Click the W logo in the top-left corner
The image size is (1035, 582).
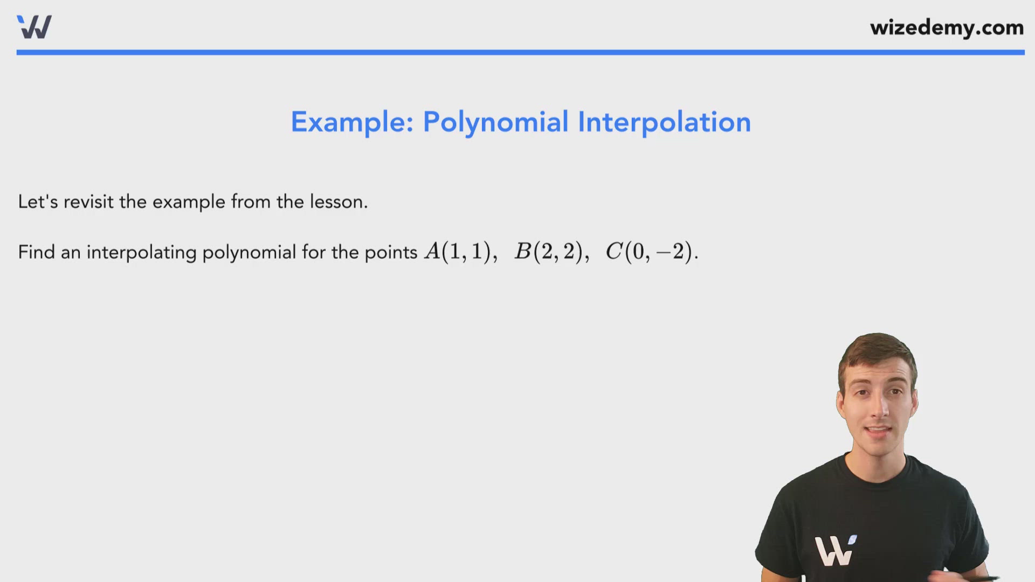tap(34, 27)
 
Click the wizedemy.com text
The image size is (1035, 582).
tap(947, 27)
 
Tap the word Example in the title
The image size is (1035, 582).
tap(351, 122)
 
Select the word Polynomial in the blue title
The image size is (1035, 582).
tap(495, 122)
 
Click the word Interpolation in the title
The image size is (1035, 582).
tap(664, 122)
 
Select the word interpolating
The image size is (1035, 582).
tap(141, 253)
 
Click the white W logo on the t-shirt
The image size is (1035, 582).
tap(834, 550)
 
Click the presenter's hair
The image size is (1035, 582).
tap(878, 350)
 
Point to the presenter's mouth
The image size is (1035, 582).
tap(878, 432)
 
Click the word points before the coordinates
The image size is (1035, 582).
tap(391, 253)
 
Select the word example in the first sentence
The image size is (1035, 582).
tap(189, 203)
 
